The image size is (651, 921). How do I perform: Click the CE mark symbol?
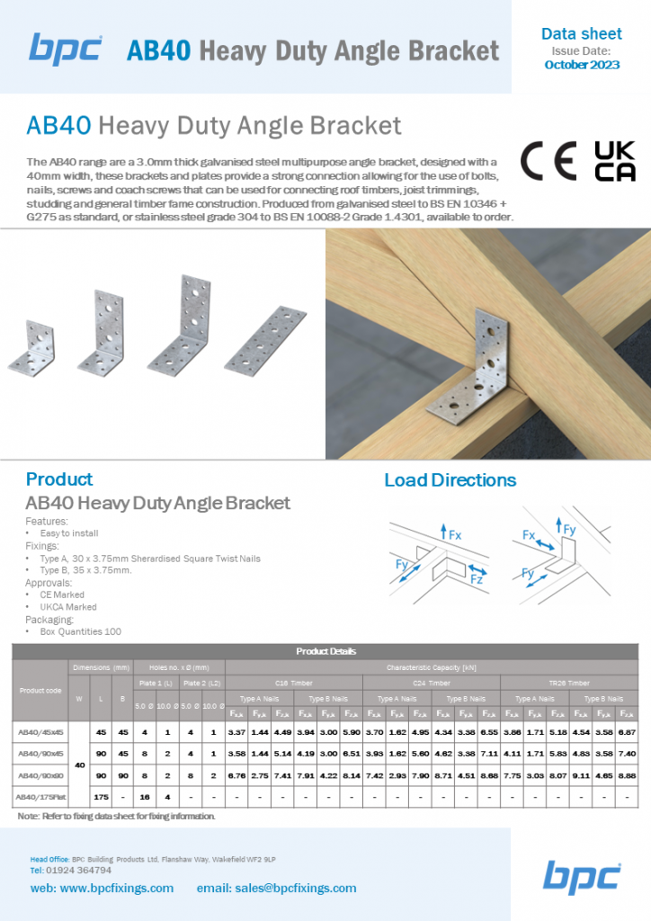pyautogui.click(x=548, y=161)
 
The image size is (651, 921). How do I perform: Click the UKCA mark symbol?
pyautogui.click(x=615, y=161)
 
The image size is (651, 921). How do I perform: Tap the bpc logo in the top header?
pyautogui.click(x=66, y=49)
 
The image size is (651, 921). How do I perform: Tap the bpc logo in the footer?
pyautogui.click(x=582, y=876)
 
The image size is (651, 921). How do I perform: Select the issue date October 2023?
pyautogui.click(x=581, y=66)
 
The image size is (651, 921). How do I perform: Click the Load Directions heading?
pyautogui.click(x=450, y=480)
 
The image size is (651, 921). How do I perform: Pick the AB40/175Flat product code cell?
pyautogui.click(x=40, y=797)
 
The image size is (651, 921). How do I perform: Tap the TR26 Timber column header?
pyautogui.click(x=570, y=683)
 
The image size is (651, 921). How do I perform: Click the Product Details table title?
pyautogui.click(x=325, y=651)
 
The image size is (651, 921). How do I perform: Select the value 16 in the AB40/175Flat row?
pyautogui.click(x=144, y=797)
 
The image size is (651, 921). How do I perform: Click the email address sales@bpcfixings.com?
pyautogui.click(x=276, y=888)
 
